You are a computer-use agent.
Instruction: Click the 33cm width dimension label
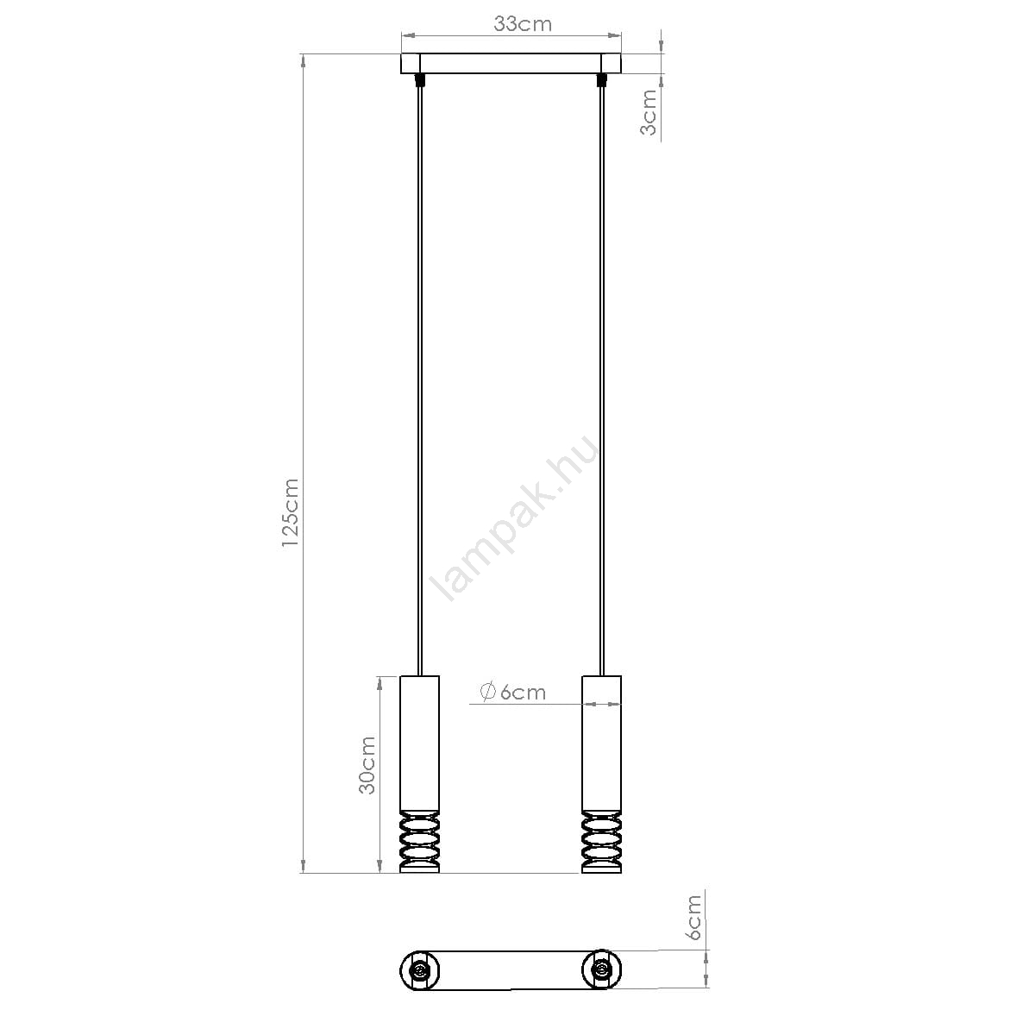[522, 24]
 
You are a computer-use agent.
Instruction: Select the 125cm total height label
[291, 512]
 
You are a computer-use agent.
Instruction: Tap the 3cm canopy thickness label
[649, 112]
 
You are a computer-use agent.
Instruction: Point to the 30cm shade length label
[367, 765]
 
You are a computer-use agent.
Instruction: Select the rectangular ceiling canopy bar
[511, 63]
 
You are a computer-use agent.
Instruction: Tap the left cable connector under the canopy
[419, 80]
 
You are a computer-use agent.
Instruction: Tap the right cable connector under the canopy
[602, 80]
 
